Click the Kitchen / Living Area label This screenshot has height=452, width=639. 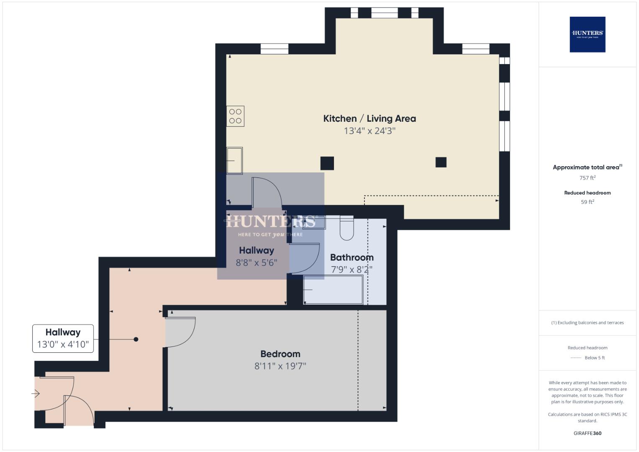(x=370, y=118)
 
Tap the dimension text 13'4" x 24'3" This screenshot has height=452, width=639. (x=370, y=131)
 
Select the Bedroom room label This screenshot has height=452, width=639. (x=280, y=354)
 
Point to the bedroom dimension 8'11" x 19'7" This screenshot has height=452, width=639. (x=280, y=366)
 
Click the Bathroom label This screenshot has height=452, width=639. (x=352, y=257)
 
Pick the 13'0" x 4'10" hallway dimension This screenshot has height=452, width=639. (x=63, y=344)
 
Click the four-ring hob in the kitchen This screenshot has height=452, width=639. (x=235, y=116)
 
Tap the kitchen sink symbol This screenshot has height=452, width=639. (x=234, y=160)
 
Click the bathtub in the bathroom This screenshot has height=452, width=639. (x=333, y=290)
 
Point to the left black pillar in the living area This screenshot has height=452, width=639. (x=327, y=163)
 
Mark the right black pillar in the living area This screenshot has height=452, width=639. (x=441, y=162)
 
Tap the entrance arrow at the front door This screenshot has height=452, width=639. (x=36, y=393)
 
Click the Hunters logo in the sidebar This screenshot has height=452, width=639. (x=587, y=34)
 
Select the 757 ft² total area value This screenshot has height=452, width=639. (x=587, y=178)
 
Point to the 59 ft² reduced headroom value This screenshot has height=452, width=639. (x=587, y=202)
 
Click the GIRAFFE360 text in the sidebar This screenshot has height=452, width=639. (x=587, y=433)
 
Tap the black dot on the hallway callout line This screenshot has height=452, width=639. (x=136, y=339)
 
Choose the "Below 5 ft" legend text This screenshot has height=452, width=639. (x=594, y=358)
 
